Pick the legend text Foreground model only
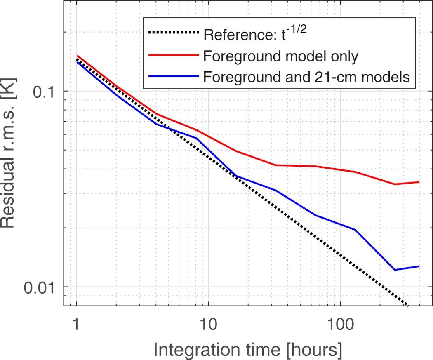coord(280,56)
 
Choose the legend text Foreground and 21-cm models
coord(306,77)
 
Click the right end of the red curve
coord(419,182)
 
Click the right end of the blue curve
coord(419,266)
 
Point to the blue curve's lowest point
coord(395,270)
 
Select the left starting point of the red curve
coord(77,56)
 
